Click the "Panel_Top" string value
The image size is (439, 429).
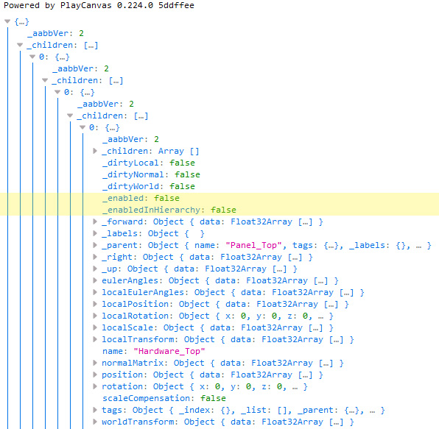253,245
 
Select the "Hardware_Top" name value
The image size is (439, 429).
169,351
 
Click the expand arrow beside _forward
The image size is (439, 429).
95,221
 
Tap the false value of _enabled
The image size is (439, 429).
166,198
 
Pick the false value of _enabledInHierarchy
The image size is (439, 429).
223,210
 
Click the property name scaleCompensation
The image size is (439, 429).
146,398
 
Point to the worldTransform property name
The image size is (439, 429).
138,422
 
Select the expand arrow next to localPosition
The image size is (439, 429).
95,304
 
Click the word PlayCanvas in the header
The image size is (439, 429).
85,5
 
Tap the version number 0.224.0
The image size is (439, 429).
135,5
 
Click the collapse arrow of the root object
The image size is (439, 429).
7,21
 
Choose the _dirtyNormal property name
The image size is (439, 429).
133,174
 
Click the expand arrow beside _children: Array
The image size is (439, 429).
95,151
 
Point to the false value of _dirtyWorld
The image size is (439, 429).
182,186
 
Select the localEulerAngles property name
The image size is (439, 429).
143,292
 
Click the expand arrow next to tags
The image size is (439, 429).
95,410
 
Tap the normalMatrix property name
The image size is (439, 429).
133,363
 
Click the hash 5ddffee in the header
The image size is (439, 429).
176,5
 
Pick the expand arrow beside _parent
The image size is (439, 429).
95,245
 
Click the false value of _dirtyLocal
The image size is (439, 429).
182,163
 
